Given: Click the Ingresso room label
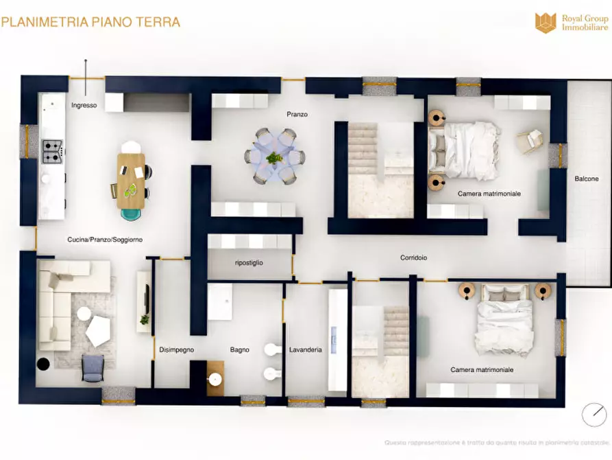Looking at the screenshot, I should (x=84, y=106).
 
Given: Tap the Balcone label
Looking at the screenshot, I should (x=586, y=179).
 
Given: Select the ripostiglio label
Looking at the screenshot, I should (x=249, y=263).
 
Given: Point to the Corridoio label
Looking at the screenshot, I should (x=414, y=258).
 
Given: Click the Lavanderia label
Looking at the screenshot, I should (x=305, y=349).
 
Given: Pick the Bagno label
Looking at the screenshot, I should (x=240, y=349).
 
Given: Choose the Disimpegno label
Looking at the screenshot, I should (x=176, y=349).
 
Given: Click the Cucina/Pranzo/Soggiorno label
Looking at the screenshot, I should (x=105, y=240).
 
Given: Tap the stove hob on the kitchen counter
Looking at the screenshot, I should (x=52, y=151).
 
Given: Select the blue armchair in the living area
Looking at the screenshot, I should (x=93, y=367).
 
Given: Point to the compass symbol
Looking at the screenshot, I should (x=594, y=415).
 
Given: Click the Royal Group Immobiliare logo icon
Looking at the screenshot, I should (x=546, y=22).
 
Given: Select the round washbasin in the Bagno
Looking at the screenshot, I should (x=216, y=379).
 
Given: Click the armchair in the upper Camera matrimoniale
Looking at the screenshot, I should (x=530, y=141).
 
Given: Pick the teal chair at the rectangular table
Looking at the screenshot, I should (x=130, y=214).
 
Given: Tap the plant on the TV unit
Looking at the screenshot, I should (x=144, y=319).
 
